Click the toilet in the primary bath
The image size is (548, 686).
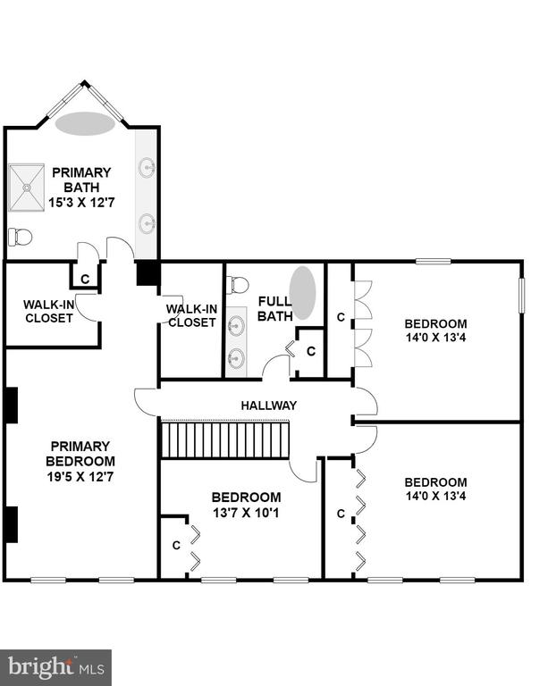click(x=21, y=237)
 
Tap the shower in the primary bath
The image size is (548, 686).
click(x=27, y=188)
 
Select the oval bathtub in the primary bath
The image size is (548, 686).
click(x=85, y=123)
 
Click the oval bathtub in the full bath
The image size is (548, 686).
click(x=302, y=293)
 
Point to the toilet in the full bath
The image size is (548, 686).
click(x=238, y=285)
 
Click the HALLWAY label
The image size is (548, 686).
click(x=269, y=406)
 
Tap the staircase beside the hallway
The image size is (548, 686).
click(x=225, y=439)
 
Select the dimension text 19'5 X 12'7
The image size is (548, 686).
click(x=80, y=476)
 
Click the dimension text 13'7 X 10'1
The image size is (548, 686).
click(x=246, y=513)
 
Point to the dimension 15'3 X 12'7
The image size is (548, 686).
click(x=81, y=203)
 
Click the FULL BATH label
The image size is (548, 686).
click(x=274, y=308)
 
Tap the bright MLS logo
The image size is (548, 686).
click(x=55, y=667)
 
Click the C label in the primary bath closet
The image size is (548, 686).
click(x=85, y=279)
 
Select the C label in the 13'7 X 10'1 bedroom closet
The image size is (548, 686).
click(x=176, y=546)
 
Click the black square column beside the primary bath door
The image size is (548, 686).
click(x=148, y=273)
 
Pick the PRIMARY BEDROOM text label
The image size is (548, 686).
click(x=80, y=454)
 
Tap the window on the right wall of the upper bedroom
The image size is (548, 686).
click(x=521, y=295)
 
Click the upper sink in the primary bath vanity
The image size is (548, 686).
click(x=148, y=168)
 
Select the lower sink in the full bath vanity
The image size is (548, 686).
click(x=237, y=358)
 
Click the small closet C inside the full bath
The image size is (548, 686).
click(x=311, y=351)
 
